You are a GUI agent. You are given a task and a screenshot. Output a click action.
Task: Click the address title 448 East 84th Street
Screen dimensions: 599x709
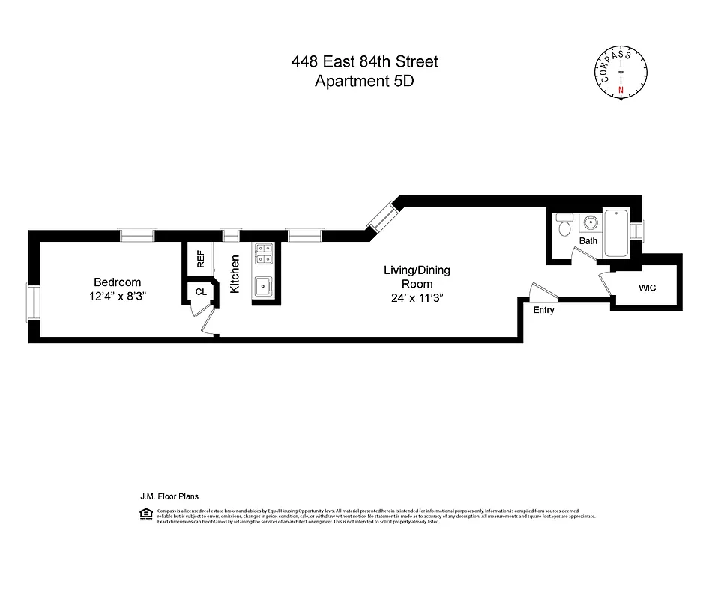[364, 62]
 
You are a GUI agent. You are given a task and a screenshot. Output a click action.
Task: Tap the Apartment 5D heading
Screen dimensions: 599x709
[364, 81]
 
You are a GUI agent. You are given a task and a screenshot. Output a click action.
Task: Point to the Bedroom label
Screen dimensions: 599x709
[117, 282]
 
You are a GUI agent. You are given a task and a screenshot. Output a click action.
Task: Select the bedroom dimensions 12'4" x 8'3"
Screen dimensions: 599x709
[117, 297]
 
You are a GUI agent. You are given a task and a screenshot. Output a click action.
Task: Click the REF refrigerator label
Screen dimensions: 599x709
[200, 259]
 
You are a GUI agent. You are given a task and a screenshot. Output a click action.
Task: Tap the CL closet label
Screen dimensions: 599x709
[201, 291]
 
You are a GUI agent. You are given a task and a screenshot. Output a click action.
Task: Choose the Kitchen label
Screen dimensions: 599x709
[235, 273]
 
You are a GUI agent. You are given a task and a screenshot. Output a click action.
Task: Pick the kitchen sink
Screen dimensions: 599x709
[263, 286]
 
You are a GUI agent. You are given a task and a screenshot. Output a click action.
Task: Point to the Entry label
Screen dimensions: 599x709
[543, 310]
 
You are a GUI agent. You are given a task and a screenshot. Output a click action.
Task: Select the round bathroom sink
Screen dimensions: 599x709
[590, 222]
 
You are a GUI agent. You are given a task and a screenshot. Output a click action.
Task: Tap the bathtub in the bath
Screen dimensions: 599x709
[617, 234]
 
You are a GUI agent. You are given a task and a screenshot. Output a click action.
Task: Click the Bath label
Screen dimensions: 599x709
[588, 241]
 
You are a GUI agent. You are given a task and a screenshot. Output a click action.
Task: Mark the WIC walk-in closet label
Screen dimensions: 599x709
[648, 288]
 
